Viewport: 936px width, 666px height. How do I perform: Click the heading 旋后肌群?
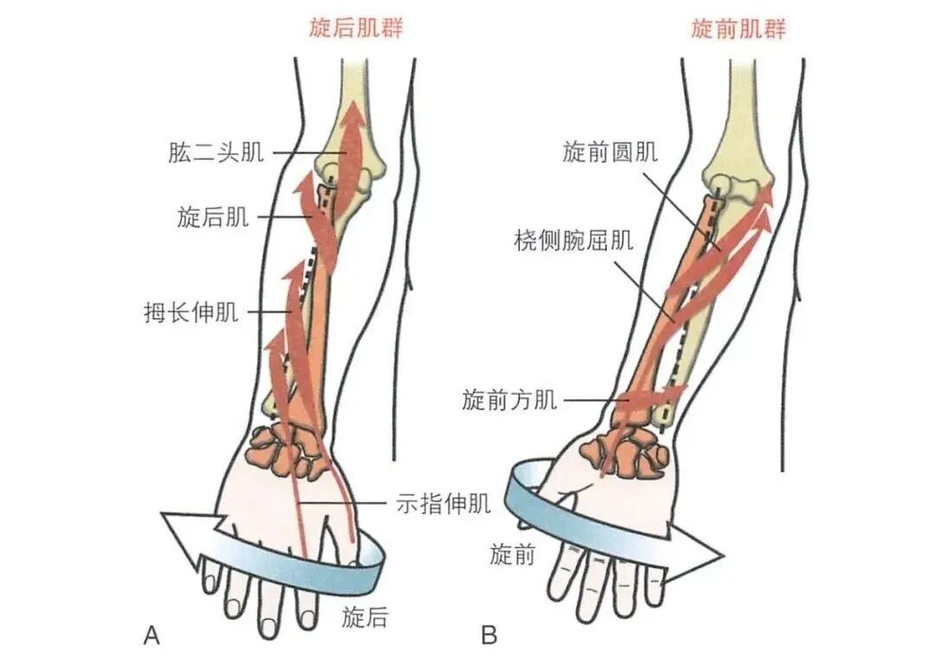[356, 29]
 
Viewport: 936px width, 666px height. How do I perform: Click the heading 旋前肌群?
[738, 29]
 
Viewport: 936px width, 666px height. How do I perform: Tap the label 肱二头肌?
[216, 154]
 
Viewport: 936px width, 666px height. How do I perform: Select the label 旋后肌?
[212, 217]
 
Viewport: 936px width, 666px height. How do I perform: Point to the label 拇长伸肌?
[191, 311]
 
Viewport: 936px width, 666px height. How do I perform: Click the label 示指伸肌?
[444, 502]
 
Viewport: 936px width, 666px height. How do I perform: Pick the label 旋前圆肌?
[609, 153]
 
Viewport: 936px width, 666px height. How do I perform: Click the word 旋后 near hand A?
[365, 617]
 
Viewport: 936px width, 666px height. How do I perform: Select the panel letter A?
[151, 637]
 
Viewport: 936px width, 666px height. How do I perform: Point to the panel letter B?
[490, 637]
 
